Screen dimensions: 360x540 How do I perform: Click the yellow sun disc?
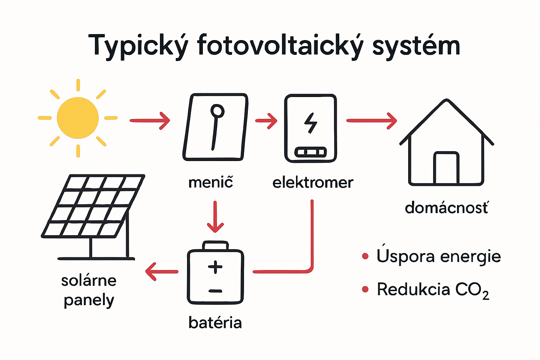78,118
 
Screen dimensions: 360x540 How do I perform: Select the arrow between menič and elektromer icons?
266,121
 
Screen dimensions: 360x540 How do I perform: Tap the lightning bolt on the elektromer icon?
310,123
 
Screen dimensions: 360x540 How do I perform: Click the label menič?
211,182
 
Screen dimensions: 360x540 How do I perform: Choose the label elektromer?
313,182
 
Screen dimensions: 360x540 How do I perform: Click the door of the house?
446,168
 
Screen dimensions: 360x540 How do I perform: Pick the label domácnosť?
446,208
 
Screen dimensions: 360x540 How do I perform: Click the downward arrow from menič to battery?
215,217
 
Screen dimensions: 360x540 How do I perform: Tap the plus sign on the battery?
215,267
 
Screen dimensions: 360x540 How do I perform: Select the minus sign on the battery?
215,291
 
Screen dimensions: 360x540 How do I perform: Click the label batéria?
215,322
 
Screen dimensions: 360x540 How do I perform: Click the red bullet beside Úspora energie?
365,256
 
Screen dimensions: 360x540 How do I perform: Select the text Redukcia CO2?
432,290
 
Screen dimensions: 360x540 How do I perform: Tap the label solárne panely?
89,290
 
